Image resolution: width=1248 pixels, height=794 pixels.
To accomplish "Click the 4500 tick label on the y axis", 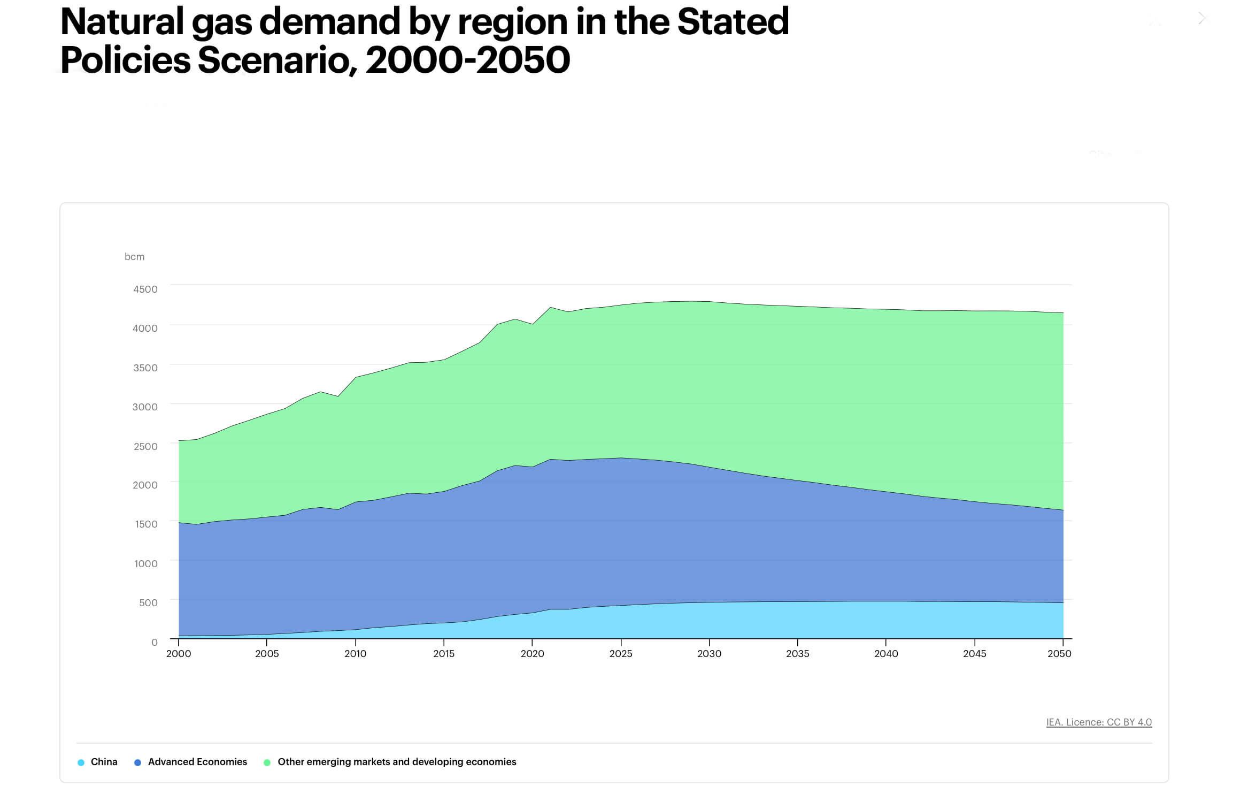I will (145, 289).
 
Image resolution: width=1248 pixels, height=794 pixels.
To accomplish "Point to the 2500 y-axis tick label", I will (145, 446).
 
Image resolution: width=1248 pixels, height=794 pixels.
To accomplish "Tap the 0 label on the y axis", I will (154, 642).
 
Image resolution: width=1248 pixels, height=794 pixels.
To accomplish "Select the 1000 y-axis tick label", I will (145, 563).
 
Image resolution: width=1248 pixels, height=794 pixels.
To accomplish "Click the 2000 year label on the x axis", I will (179, 654).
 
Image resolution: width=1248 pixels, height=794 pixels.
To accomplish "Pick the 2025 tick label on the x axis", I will (620, 654).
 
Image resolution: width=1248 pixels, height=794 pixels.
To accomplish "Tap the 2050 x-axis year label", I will (1059, 654).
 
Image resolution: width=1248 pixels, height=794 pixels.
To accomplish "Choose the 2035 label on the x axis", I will (797, 654).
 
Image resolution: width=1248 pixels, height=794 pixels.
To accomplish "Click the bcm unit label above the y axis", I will (134, 257).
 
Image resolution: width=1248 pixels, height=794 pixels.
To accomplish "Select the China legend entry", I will (104, 762).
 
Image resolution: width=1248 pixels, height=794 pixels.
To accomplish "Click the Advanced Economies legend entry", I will (197, 762).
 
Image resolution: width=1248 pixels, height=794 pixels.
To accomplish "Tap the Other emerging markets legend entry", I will (397, 762).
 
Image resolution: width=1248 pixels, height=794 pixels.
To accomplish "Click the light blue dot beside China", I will (81, 762).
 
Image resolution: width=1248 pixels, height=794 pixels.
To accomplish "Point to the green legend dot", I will (267, 762).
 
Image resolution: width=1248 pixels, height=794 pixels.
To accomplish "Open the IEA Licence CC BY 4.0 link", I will (1098, 722).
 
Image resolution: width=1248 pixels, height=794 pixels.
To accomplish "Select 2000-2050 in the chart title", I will (468, 60).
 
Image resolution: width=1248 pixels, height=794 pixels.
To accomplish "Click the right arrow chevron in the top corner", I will (1202, 19).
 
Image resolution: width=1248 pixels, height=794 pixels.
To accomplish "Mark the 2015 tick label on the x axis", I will (443, 654).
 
